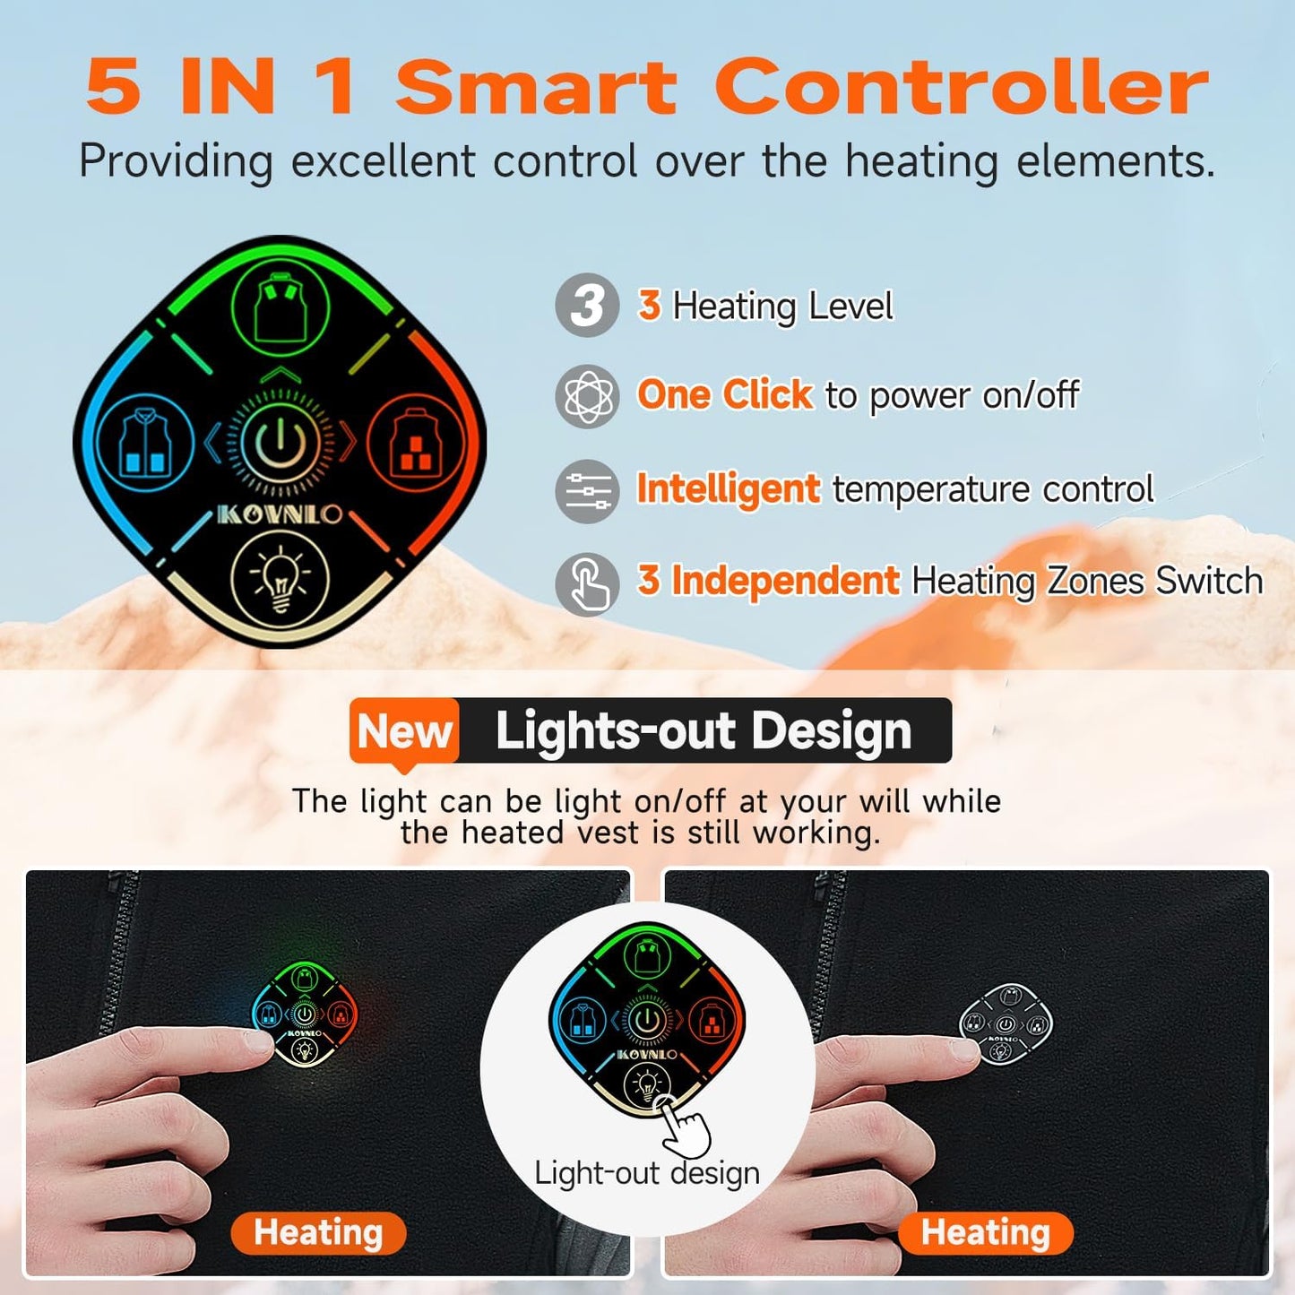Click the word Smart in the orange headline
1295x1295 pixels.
(536, 86)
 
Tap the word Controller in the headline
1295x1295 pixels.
(962, 86)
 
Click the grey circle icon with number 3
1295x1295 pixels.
(587, 305)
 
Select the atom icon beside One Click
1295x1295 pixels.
(587, 396)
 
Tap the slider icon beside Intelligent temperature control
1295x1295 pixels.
(587, 490)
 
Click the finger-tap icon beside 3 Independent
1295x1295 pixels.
(587, 584)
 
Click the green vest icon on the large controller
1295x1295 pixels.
(281, 307)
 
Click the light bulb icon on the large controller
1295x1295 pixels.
(281, 577)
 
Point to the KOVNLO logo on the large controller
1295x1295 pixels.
(281, 514)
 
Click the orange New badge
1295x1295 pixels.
(404, 732)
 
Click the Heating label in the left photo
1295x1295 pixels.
(318, 1233)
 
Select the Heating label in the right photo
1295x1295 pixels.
(986, 1233)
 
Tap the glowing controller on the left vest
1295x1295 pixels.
(304, 1014)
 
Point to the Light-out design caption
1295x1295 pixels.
(647, 1173)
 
